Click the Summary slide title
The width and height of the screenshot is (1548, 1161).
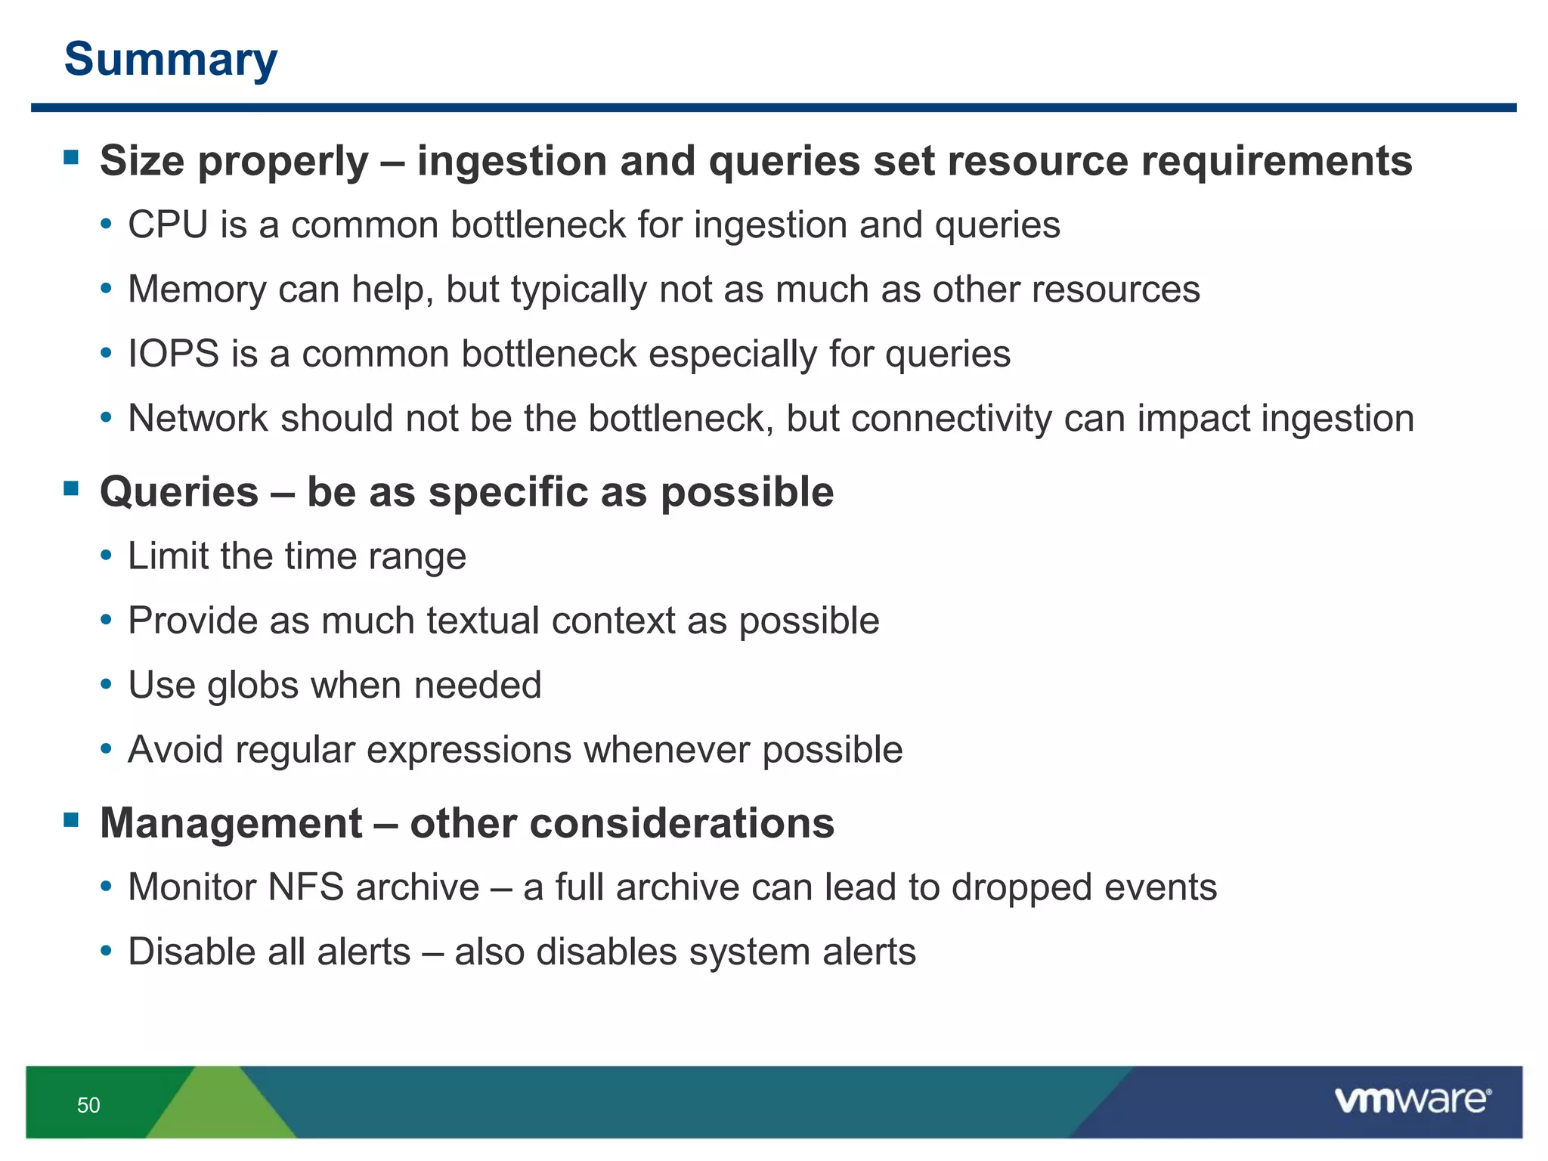(x=171, y=59)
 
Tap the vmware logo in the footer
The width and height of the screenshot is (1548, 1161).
(x=1412, y=1100)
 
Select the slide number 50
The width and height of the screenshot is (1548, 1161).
(x=88, y=1105)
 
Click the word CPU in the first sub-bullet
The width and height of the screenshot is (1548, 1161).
(x=168, y=225)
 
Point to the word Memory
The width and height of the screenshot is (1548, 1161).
(x=197, y=289)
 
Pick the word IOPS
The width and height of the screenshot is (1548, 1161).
(x=173, y=354)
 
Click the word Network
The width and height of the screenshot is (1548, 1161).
(x=198, y=418)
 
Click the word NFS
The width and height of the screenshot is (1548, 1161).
(x=306, y=887)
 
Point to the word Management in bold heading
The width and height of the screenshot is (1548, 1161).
(x=231, y=822)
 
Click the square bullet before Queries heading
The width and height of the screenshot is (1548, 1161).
(x=72, y=488)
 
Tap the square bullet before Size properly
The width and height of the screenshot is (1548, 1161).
(x=72, y=157)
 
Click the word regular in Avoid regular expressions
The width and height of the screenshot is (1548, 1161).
(x=295, y=750)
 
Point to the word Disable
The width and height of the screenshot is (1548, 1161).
(x=192, y=952)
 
